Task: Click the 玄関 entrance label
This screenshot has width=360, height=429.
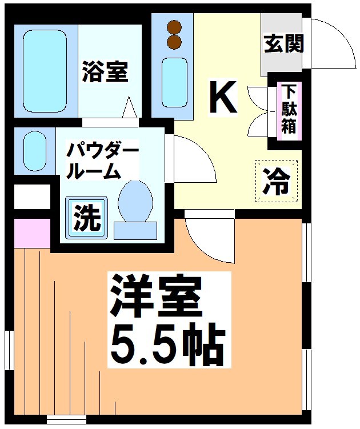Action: (x=283, y=43)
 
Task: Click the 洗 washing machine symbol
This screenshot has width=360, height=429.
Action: (x=87, y=218)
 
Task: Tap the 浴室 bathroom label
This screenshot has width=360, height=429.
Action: (x=105, y=72)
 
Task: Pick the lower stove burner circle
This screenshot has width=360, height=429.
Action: (x=175, y=41)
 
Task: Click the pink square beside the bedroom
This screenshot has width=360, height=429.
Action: (x=31, y=232)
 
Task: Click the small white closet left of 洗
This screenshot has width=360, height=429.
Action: (x=31, y=196)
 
